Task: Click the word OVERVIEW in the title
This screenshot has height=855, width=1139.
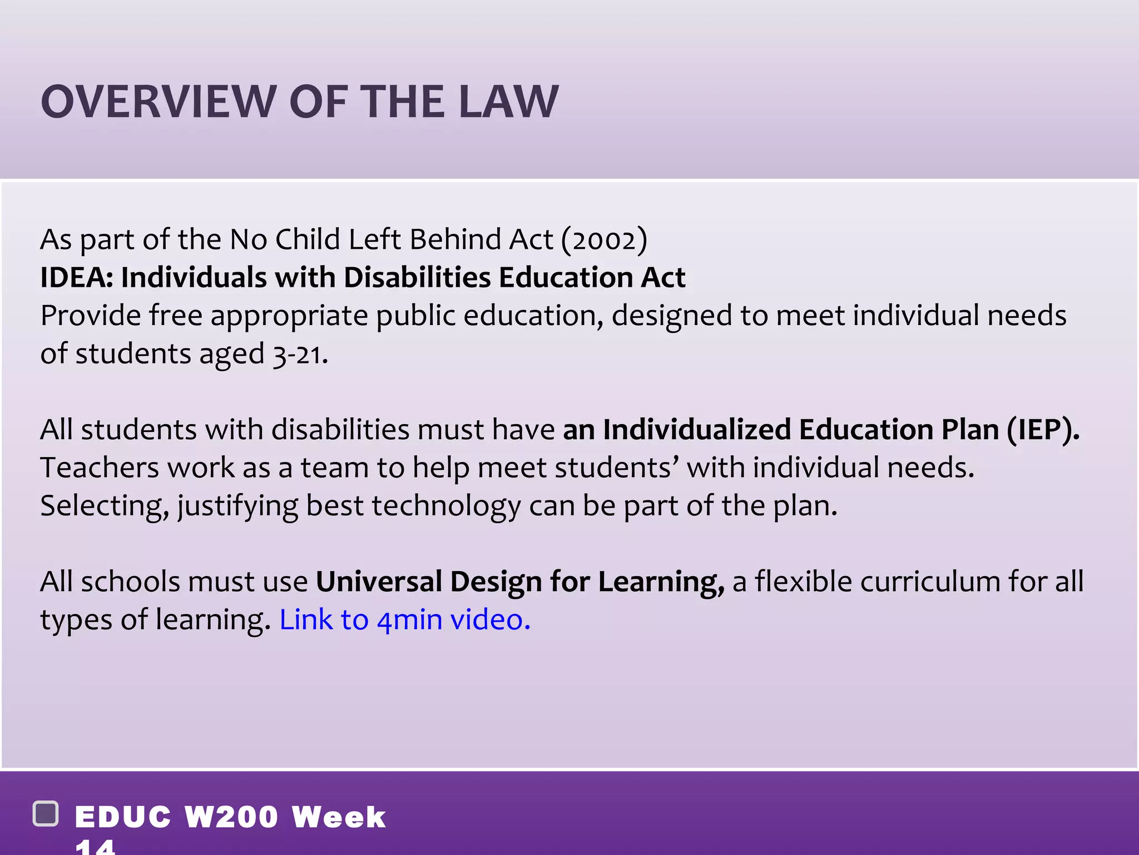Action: click(158, 102)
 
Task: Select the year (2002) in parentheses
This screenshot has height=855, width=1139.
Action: click(604, 240)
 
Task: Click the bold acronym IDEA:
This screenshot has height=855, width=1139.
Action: click(76, 277)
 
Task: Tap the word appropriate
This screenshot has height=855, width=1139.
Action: click(289, 316)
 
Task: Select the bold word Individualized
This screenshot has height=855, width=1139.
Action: click(696, 430)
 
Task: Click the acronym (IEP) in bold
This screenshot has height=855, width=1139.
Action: click(1043, 430)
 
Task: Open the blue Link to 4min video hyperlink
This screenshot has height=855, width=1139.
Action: click(404, 620)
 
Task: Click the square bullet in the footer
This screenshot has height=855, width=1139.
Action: click(46, 814)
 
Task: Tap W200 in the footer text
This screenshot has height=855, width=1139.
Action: click(231, 817)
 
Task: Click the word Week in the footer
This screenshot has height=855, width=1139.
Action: click(339, 817)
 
